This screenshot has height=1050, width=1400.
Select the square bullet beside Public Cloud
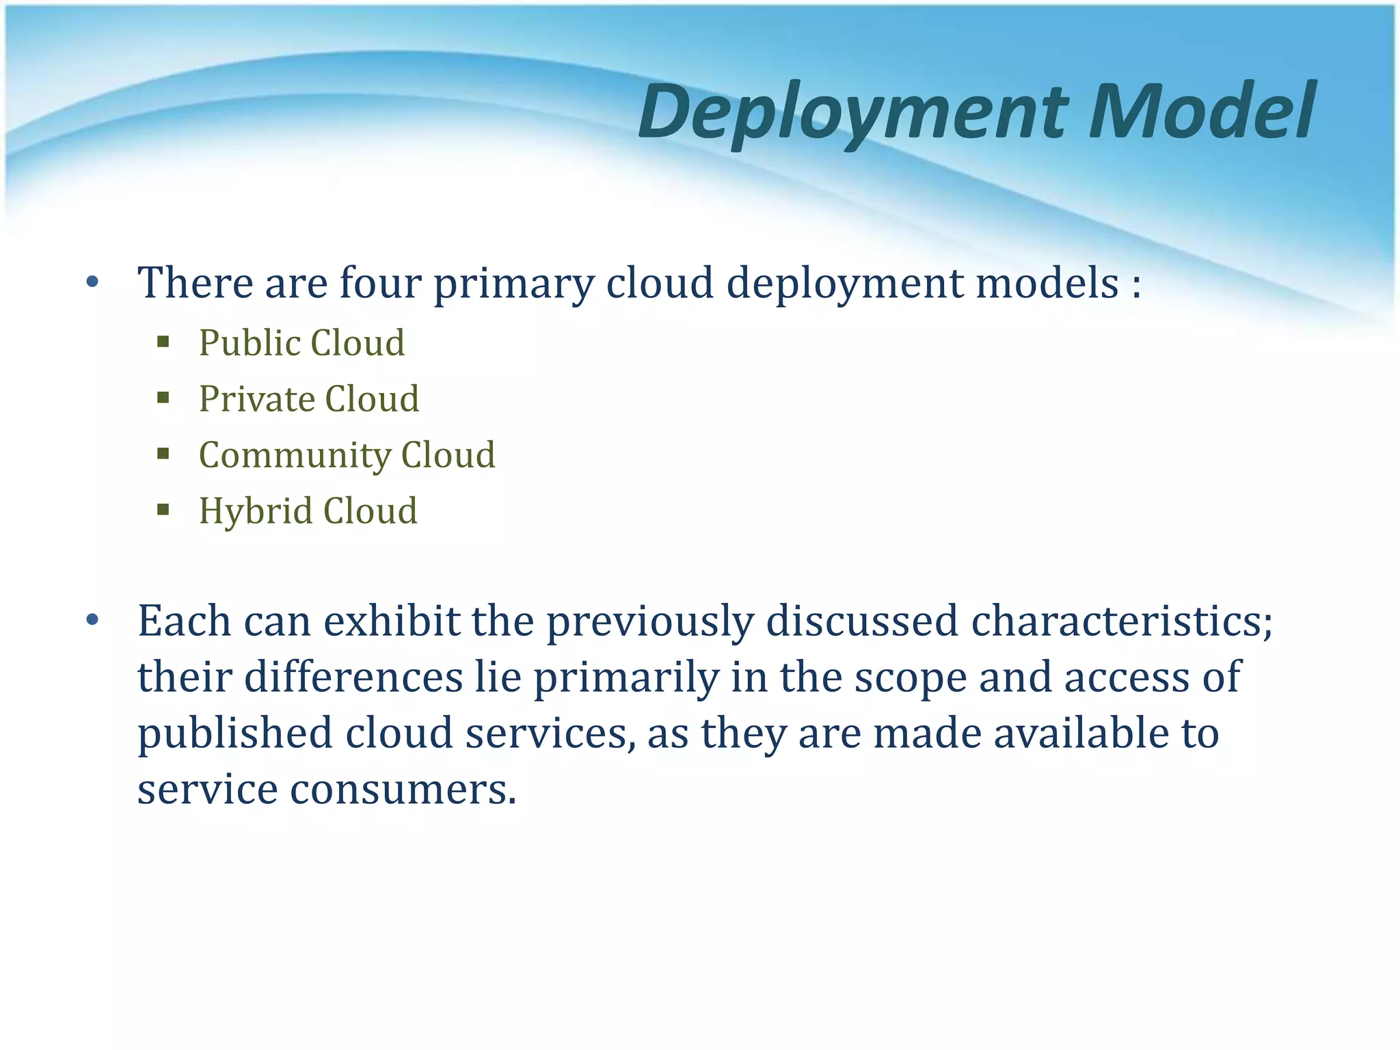pos(163,342)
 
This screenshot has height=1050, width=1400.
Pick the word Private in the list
pos(256,399)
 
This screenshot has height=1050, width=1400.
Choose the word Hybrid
pos(254,512)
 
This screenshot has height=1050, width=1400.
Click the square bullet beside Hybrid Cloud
pos(163,509)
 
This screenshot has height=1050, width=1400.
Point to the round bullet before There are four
pos(93,282)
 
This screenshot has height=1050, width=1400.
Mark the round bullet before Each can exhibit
pos(93,621)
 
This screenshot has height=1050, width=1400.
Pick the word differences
pos(353,677)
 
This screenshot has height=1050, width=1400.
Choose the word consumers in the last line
pos(403,790)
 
